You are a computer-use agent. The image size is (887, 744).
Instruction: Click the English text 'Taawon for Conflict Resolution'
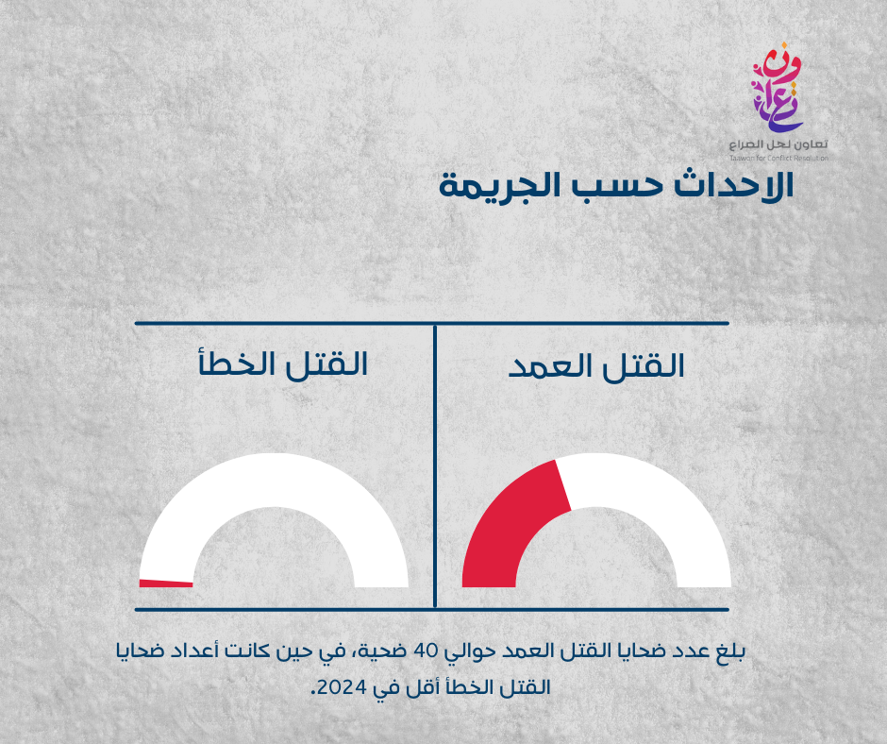point(778,158)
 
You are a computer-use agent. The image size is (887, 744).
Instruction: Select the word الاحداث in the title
point(734,185)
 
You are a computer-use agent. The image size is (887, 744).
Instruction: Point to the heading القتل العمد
point(596,365)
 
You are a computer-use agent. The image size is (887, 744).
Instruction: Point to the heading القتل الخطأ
point(283,363)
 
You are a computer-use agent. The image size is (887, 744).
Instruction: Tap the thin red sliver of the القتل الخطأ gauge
point(166,583)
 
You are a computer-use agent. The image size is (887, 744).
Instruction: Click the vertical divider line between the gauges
point(434,466)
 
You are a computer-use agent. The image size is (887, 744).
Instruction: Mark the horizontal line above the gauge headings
point(431,323)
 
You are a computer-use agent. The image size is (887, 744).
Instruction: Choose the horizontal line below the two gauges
point(431,610)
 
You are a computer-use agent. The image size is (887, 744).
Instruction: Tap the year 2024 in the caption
point(339,688)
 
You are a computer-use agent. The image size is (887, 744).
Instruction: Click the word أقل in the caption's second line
point(410,686)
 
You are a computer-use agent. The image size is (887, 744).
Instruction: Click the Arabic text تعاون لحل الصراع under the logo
point(778,144)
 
